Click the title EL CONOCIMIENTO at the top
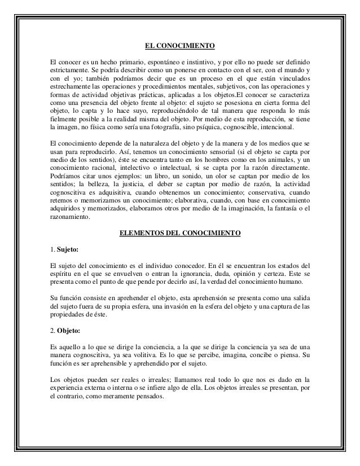tap(180, 46)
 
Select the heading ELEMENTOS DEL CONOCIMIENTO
tap(180, 232)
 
